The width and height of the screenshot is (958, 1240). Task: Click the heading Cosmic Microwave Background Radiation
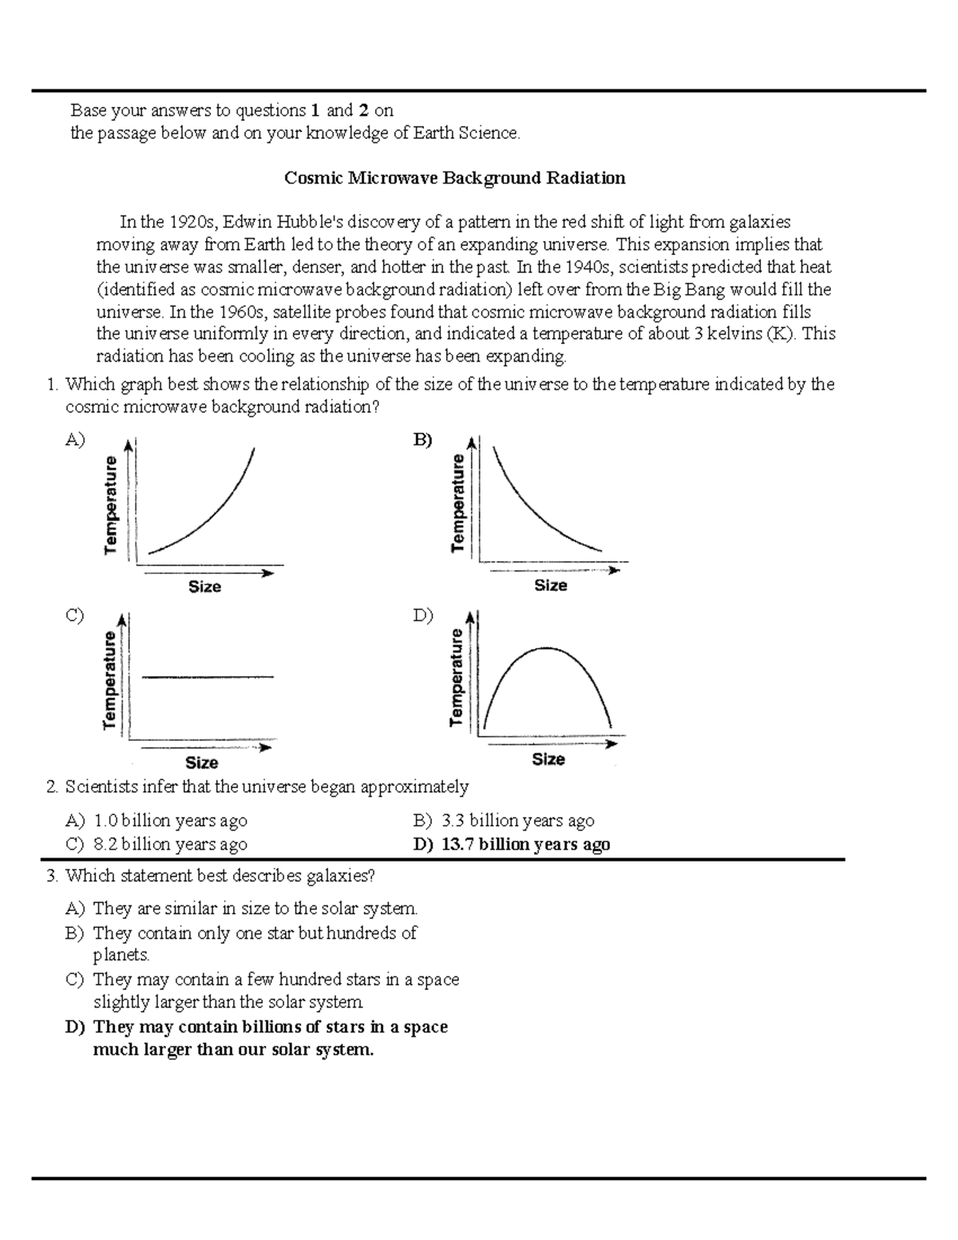[x=454, y=178]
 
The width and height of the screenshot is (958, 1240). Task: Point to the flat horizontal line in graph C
[x=208, y=677]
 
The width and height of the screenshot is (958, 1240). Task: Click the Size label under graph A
[x=204, y=587]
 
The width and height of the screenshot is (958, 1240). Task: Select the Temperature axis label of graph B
[x=457, y=503]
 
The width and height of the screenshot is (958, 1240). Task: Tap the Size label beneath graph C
[x=202, y=763]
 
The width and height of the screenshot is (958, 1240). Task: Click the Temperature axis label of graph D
[x=457, y=677]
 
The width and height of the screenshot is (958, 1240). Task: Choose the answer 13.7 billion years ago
[x=525, y=845]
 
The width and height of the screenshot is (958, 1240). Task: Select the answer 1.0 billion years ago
[x=170, y=821]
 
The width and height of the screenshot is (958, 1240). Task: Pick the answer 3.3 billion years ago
[x=517, y=821]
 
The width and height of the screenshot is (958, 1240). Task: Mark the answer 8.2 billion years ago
[x=170, y=845]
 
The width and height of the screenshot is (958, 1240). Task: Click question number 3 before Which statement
[x=52, y=876]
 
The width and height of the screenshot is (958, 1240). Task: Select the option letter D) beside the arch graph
[x=422, y=616]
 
